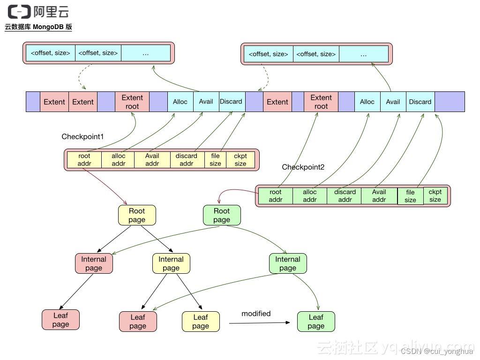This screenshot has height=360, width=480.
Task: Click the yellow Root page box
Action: point(137,215)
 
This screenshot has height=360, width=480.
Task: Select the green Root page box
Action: point(222,215)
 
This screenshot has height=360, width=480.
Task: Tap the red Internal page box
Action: point(94,263)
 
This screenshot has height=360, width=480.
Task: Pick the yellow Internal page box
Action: point(171,263)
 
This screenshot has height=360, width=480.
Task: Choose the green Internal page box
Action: point(288,263)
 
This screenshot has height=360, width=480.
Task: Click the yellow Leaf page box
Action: point(201,322)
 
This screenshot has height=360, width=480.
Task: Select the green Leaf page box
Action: point(316,322)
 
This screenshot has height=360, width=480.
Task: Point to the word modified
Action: point(256,314)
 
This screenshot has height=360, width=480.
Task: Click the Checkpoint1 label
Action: point(82,136)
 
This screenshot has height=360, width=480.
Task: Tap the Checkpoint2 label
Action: point(303,167)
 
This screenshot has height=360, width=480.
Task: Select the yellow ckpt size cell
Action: point(240,160)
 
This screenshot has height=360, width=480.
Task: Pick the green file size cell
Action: point(410,196)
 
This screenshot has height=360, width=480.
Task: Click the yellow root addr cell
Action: point(84,160)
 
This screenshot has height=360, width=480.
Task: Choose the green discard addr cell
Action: point(345,196)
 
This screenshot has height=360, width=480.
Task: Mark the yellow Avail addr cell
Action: point(152,160)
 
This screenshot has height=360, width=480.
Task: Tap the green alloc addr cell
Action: point(310,196)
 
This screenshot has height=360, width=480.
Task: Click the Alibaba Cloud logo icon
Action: point(19,11)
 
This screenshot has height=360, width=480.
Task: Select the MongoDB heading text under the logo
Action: point(38,27)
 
